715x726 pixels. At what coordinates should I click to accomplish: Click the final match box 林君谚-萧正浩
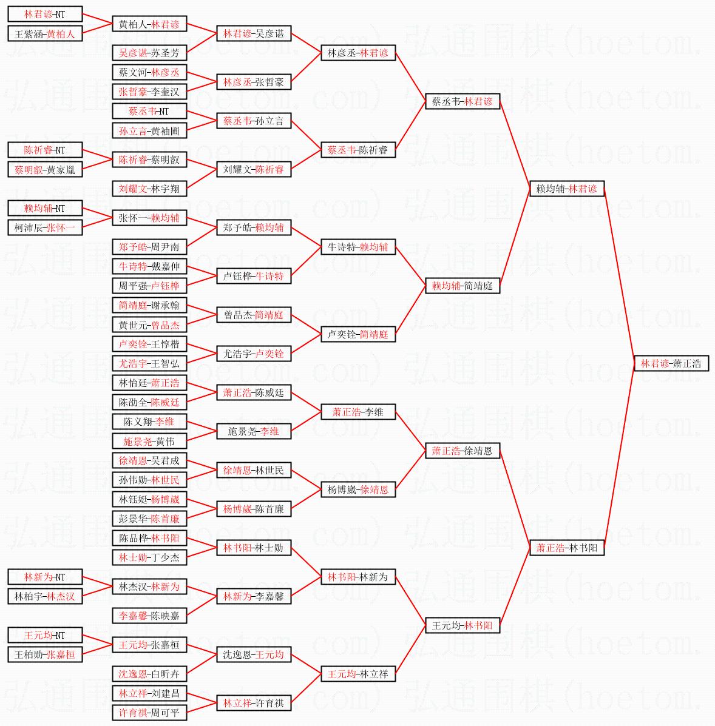(x=671, y=363)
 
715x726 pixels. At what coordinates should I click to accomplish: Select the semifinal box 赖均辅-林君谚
(x=567, y=189)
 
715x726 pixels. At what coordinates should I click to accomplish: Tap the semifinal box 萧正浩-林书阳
(x=567, y=548)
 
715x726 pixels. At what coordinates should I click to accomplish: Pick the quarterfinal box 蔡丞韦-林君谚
(x=463, y=101)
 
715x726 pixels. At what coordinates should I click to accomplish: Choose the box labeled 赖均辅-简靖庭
(x=463, y=286)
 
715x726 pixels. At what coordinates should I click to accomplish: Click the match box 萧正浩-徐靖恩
(x=463, y=451)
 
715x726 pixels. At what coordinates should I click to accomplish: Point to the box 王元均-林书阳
(x=463, y=625)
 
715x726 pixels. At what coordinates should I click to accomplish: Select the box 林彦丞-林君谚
(x=358, y=53)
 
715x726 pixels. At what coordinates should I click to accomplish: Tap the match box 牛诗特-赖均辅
(x=358, y=247)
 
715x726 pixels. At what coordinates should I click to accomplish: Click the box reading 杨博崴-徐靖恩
(x=358, y=489)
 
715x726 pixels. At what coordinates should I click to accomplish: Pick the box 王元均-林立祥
(x=358, y=674)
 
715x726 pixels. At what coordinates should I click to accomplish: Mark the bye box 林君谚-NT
(x=45, y=14)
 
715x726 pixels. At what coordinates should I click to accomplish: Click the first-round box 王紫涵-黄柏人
(x=45, y=33)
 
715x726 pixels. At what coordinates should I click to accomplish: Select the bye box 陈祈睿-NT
(x=45, y=150)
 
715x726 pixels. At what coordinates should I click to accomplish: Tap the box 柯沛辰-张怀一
(x=45, y=227)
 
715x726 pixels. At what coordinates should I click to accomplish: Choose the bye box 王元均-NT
(x=45, y=635)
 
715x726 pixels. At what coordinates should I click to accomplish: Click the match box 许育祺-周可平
(x=149, y=713)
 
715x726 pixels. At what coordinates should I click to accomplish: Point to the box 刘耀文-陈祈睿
(x=254, y=169)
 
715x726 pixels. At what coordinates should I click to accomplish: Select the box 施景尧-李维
(x=254, y=431)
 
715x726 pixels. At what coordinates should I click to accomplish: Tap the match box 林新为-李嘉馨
(x=254, y=596)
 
